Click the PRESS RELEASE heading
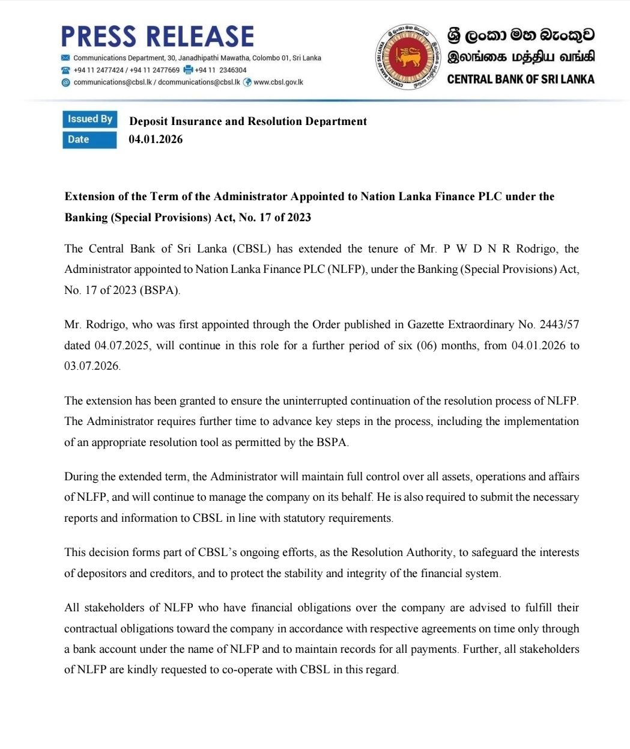(157, 37)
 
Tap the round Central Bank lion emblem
(407, 58)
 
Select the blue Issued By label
(89, 119)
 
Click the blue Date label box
(89, 139)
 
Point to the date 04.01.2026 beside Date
(156, 139)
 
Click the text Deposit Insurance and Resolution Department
(248, 121)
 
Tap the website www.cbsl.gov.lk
(278, 82)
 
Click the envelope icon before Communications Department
(66, 58)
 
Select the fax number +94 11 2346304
(220, 70)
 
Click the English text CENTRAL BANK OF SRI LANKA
(521, 79)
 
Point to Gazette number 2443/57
(559, 325)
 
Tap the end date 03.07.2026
(92, 366)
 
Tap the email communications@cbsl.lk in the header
(112, 82)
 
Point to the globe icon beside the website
(247, 82)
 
